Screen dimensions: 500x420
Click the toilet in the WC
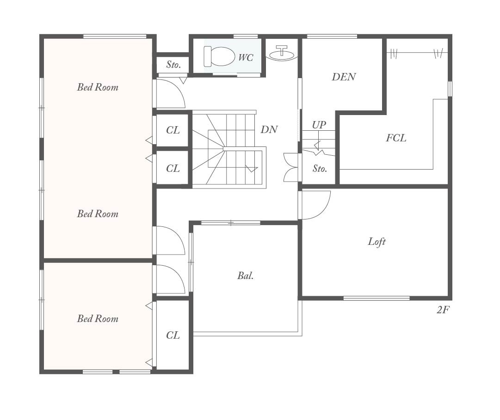pos(219,56)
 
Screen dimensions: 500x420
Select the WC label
pos(246,58)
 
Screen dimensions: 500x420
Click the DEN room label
pos(344,77)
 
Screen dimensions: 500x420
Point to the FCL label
pos(396,138)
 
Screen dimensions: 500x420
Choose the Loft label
pos(377,242)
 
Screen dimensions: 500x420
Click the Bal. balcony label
pos(246,275)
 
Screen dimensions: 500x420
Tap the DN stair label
pos(269,129)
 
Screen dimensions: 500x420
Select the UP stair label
pos(319,124)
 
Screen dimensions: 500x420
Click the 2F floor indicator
pos(443,310)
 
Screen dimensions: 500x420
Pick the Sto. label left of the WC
pos(173,65)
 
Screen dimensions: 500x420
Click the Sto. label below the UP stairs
pos(320,168)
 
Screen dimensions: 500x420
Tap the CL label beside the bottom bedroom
pos(173,335)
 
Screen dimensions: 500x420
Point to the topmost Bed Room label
pos(98,87)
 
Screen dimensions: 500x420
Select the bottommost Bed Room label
pos(98,319)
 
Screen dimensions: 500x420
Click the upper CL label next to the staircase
pos(173,130)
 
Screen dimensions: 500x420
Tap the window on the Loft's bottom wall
pos(377,298)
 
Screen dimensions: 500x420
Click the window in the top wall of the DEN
pos(332,37)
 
